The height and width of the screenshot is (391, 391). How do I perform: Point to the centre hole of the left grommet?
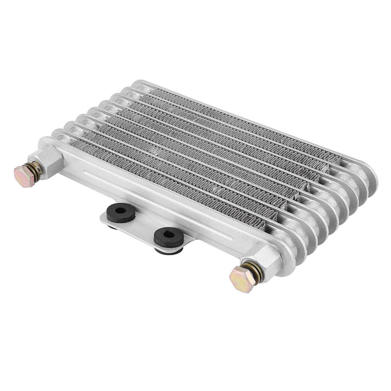121,211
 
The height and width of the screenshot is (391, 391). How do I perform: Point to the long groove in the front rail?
156,203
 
